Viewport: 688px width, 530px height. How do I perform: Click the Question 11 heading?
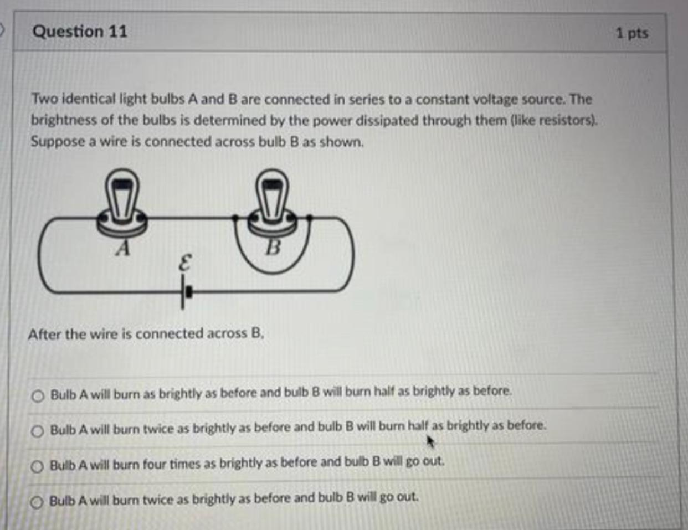tap(80, 32)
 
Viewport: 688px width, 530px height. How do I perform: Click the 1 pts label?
tap(631, 33)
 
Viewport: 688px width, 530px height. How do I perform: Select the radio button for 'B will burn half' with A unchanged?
tap(38, 396)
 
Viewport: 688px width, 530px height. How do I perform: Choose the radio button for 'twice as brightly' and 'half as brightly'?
tap(38, 431)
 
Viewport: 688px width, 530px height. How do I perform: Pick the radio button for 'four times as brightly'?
tap(37, 466)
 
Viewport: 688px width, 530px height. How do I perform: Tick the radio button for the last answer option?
tap(37, 502)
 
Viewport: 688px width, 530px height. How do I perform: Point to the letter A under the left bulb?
tap(123, 249)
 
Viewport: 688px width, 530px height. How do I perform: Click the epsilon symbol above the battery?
tap(185, 263)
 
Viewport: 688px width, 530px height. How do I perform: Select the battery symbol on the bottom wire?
tap(185, 291)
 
